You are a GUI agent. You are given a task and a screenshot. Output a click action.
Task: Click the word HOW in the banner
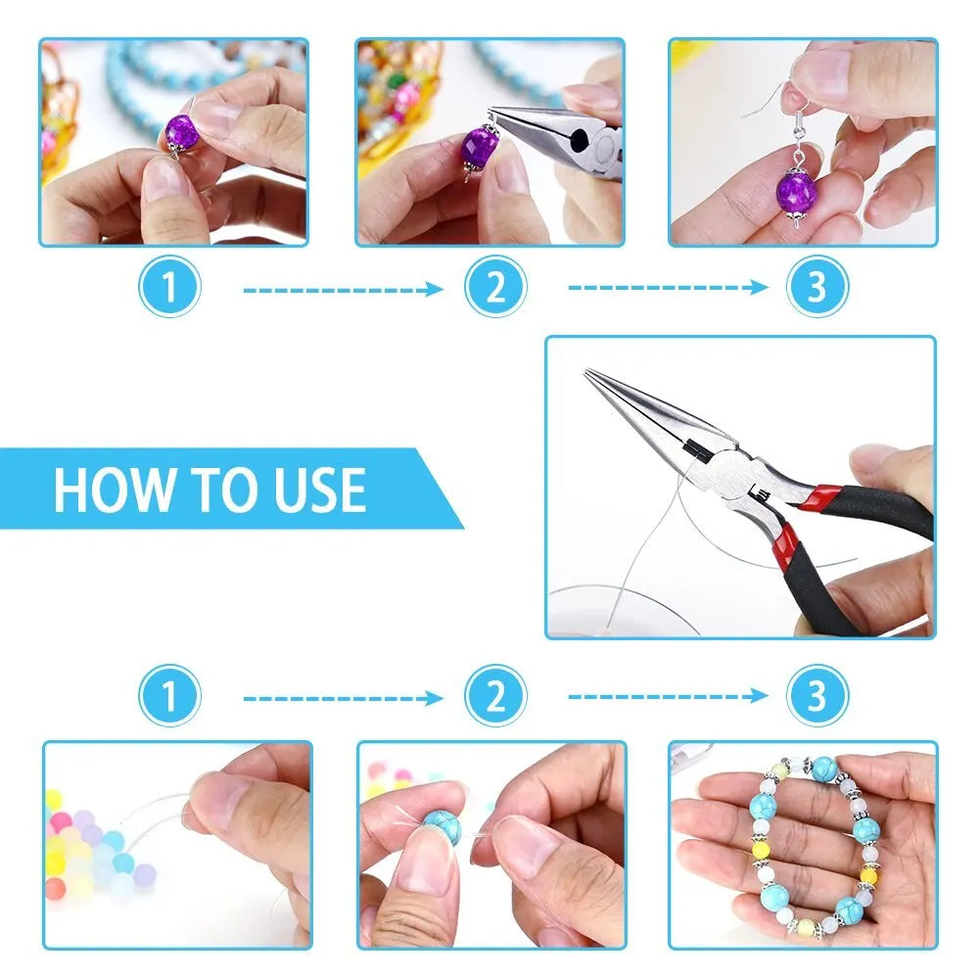[97, 489]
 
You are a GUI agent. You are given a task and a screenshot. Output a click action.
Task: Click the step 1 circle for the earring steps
[169, 288]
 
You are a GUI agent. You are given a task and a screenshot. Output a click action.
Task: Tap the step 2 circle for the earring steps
[495, 288]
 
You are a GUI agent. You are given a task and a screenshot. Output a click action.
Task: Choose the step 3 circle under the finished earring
[817, 288]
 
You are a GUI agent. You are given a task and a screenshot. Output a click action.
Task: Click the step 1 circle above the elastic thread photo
[169, 697]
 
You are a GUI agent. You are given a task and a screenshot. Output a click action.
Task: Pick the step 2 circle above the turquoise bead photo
[495, 697]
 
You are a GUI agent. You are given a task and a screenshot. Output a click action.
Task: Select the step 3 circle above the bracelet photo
[817, 697]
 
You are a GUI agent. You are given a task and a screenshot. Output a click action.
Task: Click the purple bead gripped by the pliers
[481, 151]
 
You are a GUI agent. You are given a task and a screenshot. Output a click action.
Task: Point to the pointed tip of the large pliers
[590, 374]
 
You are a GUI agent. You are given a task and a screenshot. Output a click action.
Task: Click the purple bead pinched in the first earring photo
[180, 129]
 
